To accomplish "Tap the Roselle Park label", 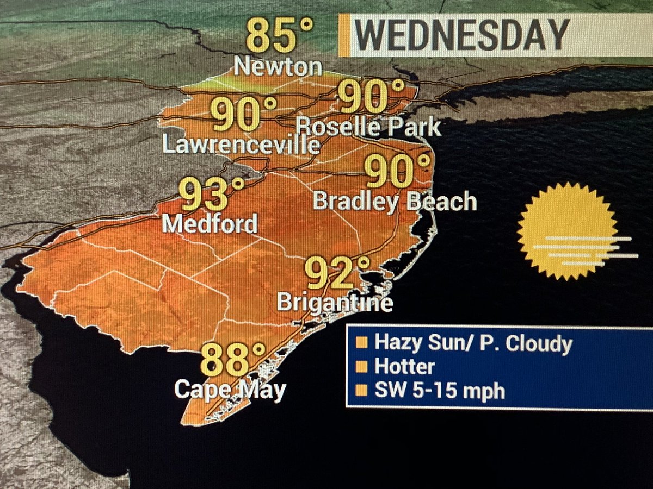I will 369,127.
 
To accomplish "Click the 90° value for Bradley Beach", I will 397,171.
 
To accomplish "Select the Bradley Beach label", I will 395,202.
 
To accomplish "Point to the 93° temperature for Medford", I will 212,195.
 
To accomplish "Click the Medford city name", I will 210,224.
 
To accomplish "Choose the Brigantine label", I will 335,302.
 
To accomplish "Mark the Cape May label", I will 230,390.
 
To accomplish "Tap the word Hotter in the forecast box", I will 404,367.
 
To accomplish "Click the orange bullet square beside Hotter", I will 360,367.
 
